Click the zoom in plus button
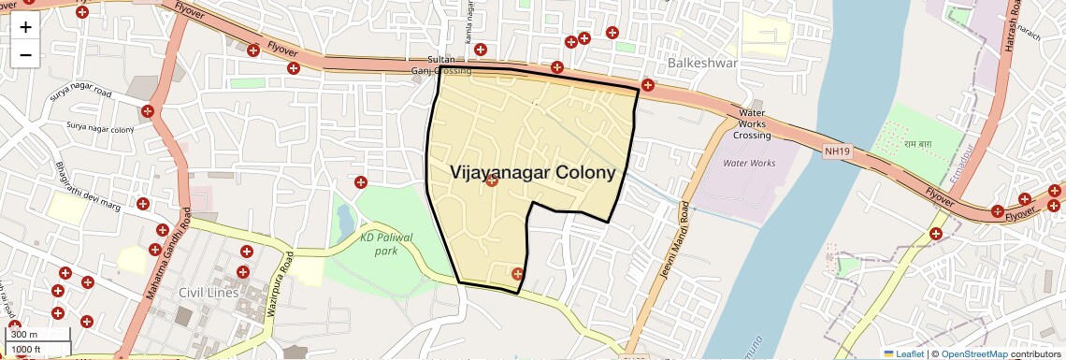point(25,26)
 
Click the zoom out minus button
point(25,54)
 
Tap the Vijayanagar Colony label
point(533,172)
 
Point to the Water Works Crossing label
point(753,123)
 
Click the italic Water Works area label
point(749,163)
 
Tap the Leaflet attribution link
point(902,353)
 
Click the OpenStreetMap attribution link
point(973,353)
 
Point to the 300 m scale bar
point(37,335)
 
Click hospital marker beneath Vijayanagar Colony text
point(492,180)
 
